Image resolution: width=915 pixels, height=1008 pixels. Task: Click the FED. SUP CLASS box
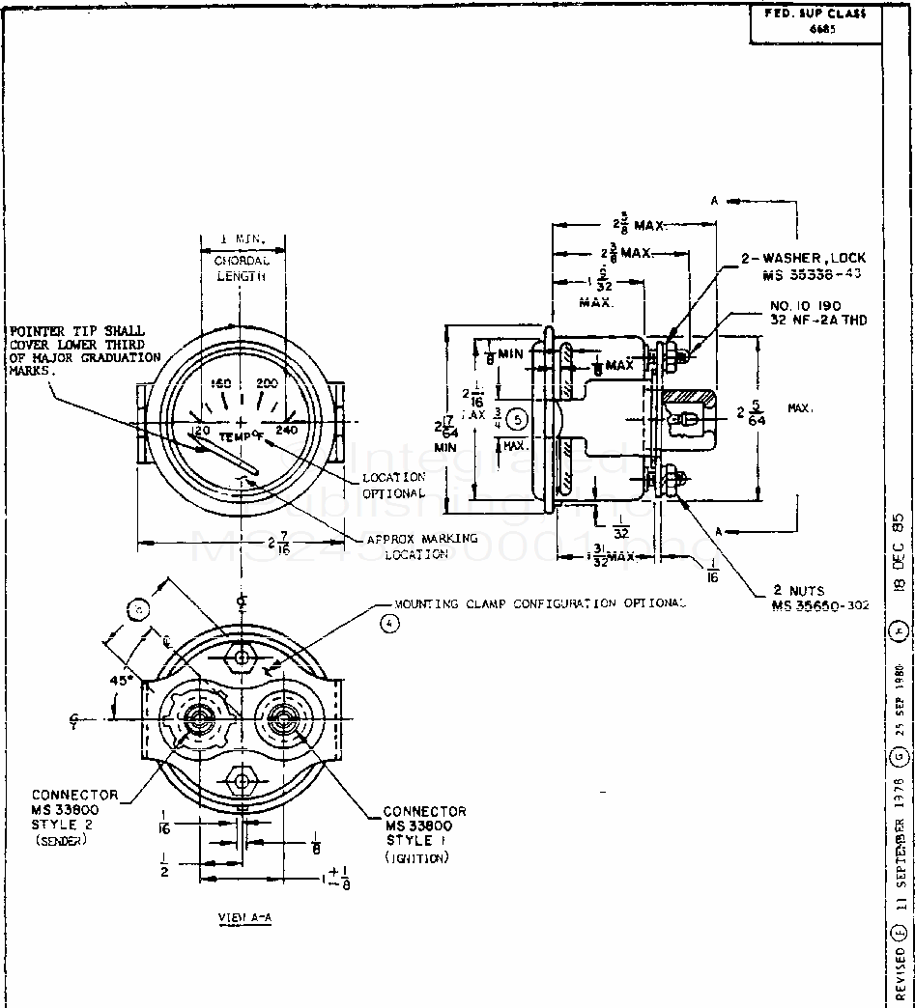tap(816, 21)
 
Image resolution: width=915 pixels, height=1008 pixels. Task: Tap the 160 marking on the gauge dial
tap(221, 384)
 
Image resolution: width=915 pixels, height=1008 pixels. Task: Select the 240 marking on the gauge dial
tap(287, 430)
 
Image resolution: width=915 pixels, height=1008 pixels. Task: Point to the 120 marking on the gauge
tap(200, 430)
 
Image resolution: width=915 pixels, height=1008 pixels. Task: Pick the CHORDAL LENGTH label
tap(241, 268)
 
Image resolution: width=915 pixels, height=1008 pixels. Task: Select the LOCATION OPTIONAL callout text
tap(393, 486)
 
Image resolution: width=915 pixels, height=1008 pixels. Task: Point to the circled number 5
tap(518, 420)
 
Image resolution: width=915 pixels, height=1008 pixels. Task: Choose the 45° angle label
tap(121, 679)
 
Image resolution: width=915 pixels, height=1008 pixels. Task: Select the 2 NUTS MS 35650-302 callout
tap(820, 598)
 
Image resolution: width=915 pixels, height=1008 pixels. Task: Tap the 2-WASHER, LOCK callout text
tap(803, 266)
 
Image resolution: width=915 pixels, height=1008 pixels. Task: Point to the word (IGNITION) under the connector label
tap(416, 858)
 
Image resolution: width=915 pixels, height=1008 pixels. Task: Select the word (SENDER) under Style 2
tap(61, 841)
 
